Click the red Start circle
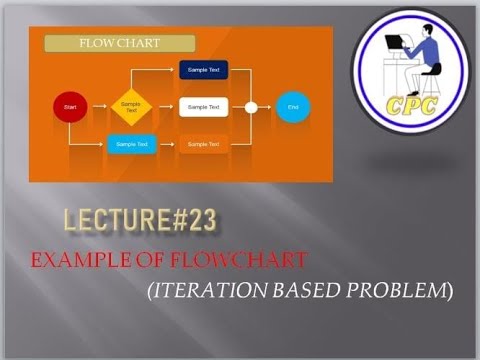pos(70,106)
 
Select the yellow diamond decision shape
pos(131,106)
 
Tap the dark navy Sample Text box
pos(204,70)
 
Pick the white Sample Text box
pos(204,106)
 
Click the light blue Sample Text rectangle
pos(131,144)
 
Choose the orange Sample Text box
pos(204,144)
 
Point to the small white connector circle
pos(252,106)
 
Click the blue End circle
pos(293,106)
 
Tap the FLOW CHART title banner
pos(120,43)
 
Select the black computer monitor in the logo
pos(396,45)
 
